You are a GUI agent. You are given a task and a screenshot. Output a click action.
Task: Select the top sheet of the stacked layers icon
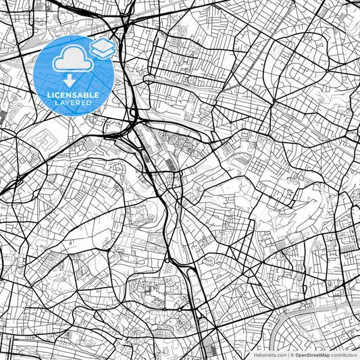click(x=103, y=45)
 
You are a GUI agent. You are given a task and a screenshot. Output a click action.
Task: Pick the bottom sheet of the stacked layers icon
click(x=103, y=53)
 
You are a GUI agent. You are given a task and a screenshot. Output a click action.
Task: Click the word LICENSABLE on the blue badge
click(x=73, y=95)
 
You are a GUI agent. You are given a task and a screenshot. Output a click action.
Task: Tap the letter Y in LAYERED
click(x=70, y=103)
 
